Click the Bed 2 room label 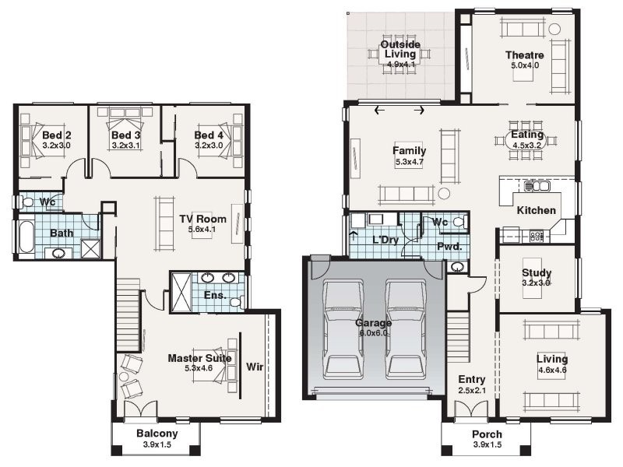click(x=57, y=135)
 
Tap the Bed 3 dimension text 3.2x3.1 click(x=125, y=145)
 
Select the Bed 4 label click(x=209, y=135)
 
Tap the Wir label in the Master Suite click(x=255, y=366)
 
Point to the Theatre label click(x=524, y=55)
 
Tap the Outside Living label click(x=400, y=49)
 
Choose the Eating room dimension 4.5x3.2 click(x=526, y=145)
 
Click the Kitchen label click(x=537, y=210)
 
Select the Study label click(x=537, y=273)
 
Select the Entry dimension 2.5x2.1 click(x=472, y=390)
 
